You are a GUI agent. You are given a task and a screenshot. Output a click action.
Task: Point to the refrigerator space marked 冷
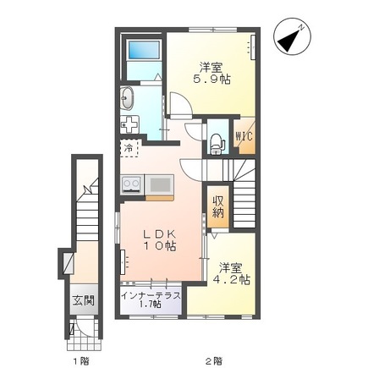(x=129, y=150)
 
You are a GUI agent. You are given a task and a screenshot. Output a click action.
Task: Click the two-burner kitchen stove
(x=132, y=184)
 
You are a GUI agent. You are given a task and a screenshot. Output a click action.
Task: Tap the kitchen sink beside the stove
(x=158, y=184)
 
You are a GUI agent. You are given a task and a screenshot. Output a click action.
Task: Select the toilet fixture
(x=217, y=141)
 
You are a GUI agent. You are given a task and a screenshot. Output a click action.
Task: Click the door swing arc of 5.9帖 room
(x=179, y=106)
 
